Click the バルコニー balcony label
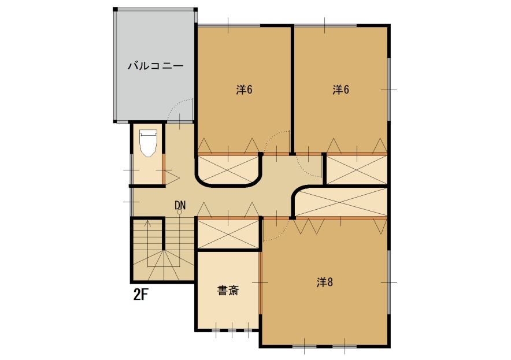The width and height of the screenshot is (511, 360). point(155,66)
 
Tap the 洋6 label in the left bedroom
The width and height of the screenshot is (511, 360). point(244,90)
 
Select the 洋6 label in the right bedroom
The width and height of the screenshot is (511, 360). point(340,90)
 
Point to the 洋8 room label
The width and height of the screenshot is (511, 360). point(325,282)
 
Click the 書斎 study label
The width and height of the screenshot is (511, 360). point(228,290)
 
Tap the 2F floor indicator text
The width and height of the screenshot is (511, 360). point(141,295)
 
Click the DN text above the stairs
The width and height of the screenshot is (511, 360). point(180,205)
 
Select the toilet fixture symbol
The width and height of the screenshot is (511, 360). point(149,143)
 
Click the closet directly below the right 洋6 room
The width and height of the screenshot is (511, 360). point(357,170)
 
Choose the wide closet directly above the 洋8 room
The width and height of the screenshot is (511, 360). point(341,202)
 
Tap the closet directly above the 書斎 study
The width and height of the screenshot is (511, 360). point(228,234)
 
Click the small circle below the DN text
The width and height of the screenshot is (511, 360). point(179,212)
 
